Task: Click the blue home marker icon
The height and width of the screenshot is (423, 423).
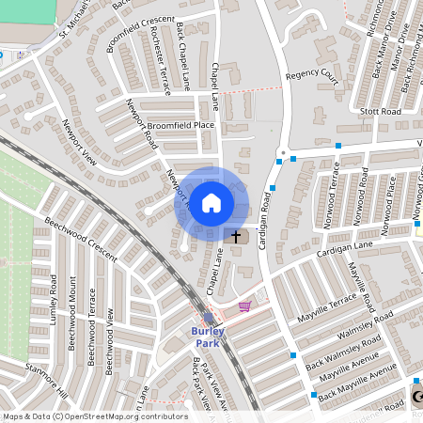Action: pos(211,203)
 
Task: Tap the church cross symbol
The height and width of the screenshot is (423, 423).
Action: pos(236,236)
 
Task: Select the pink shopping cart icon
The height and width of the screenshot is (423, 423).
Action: pos(244,305)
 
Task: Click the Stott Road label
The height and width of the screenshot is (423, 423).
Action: pos(381,111)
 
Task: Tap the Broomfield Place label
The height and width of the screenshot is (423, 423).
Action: pos(180,125)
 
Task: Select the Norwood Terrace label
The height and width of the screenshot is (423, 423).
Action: pos(335,197)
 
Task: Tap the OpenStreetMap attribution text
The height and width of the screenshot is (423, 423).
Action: pos(95,416)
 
